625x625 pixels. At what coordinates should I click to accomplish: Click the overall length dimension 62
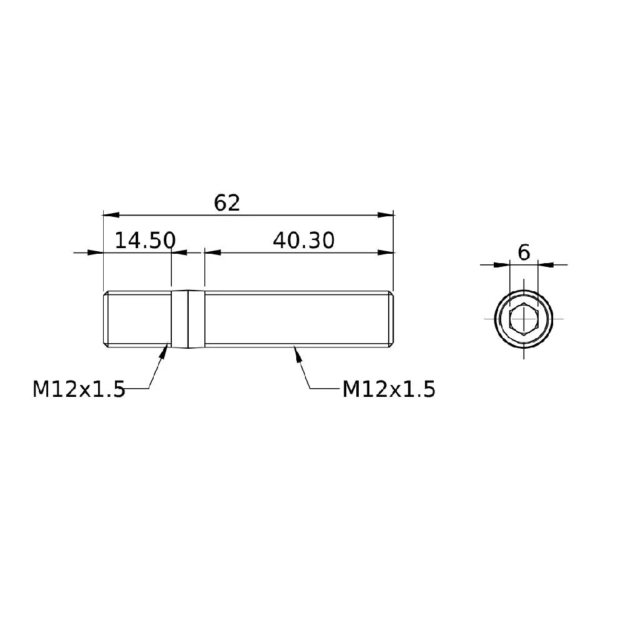pyautogui.click(x=227, y=203)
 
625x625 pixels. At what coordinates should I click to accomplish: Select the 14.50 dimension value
pyautogui.click(x=145, y=241)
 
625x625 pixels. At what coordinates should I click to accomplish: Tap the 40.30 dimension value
pyautogui.click(x=304, y=241)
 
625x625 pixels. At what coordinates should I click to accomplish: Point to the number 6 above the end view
pyautogui.click(x=524, y=253)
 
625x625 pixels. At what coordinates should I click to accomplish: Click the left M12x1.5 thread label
pyautogui.click(x=79, y=389)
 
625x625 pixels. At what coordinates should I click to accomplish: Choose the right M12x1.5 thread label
pyautogui.click(x=389, y=389)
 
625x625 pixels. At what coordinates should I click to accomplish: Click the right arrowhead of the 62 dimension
pyautogui.click(x=386, y=215)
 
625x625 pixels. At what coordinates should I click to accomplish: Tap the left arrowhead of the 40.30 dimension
pyautogui.click(x=213, y=252)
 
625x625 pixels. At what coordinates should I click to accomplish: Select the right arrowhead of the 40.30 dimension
pyautogui.click(x=386, y=252)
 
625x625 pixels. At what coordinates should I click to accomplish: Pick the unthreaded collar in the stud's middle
pyautogui.click(x=188, y=319)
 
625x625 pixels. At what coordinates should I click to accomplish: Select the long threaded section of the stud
pyautogui.click(x=294, y=319)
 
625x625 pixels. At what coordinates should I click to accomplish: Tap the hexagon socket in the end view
pyautogui.click(x=523, y=319)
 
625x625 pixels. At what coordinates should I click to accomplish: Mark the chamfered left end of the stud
pyautogui.click(x=105, y=319)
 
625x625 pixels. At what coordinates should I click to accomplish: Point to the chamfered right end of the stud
pyautogui.click(x=392, y=319)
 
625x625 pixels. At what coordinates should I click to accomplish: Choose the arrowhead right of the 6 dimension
pyautogui.click(x=546, y=265)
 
